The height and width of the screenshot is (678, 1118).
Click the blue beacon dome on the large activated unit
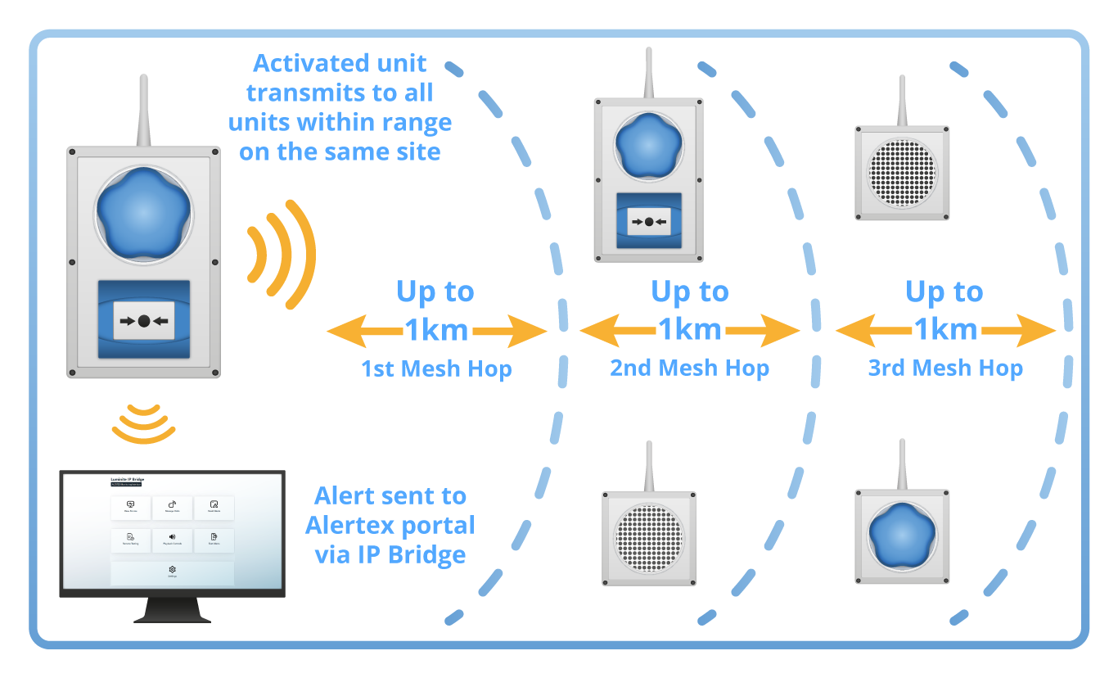pyautogui.click(x=144, y=212)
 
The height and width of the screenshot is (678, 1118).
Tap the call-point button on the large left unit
pyautogui.click(x=144, y=321)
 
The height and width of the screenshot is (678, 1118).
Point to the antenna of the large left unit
pyautogui.click(x=143, y=111)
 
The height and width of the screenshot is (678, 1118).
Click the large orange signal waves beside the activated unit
pyautogui.click(x=282, y=253)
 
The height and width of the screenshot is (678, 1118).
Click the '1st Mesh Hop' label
pyautogui.click(x=436, y=369)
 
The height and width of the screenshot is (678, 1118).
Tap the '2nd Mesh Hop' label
pyautogui.click(x=689, y=368)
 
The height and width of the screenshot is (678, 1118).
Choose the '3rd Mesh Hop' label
pyautogui.click(x=945, y=368)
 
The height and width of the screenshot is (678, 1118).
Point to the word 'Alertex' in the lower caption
pyautogui.click(x=349, y=525)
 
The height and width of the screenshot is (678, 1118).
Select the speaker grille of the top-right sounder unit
pyautogui.click(x=902, y=173)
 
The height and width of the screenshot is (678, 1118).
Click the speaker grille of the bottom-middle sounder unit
pyautogui.click(x=648, y=539)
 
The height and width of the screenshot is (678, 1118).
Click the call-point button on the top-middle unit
pyautogui.click(x=648, y=222)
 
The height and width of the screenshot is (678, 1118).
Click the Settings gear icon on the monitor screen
pyautogui.click(x=172, y=570)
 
